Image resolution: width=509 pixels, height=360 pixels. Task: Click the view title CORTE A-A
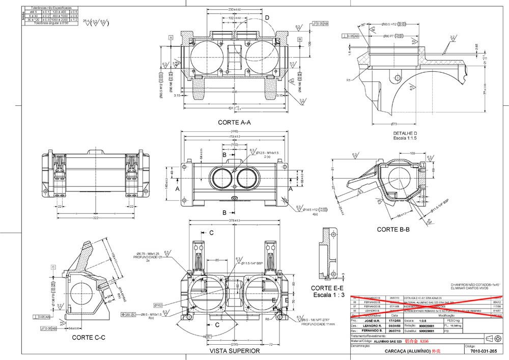(234, 122)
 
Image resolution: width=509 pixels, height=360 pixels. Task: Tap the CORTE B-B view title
(393, 230)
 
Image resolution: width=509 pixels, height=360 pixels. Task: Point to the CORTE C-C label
(89, 337)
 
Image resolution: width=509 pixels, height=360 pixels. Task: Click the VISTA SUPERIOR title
(235, 351)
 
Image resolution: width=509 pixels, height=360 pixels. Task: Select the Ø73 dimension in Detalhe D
(393, 124)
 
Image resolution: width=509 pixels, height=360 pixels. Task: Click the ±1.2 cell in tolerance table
(74, 19)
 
